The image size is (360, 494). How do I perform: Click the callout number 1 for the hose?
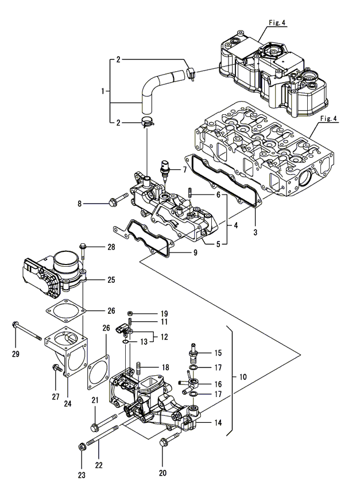(103, 91)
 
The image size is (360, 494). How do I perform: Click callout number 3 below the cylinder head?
(255, 232)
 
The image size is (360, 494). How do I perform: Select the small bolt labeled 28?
(84, 248)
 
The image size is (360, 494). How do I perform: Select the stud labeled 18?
(140, 367)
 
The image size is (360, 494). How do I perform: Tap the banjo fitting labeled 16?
(192, 381)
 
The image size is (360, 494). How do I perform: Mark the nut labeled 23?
(82, 445)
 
